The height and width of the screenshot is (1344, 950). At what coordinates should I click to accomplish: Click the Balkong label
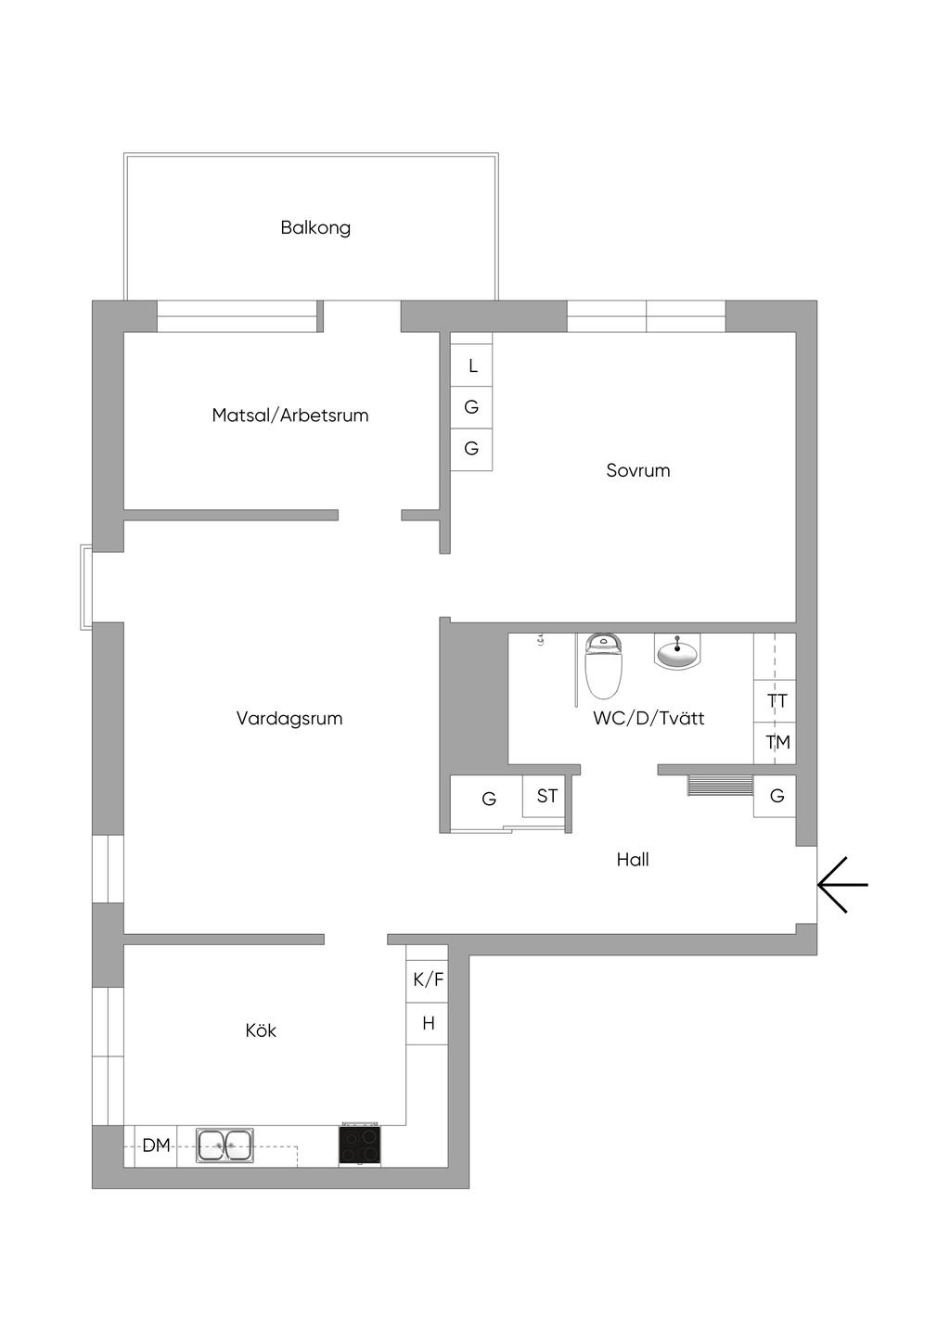pyautogui.click(x=315, y=228)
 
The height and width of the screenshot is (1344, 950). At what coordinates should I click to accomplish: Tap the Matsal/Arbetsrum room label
pyautogui.click(x=289, y=416)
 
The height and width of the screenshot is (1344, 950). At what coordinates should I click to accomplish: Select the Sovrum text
pyautogui.click(x=637, y=470)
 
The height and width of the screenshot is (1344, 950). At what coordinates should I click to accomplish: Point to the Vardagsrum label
pyautogui.click(x=289, y=718)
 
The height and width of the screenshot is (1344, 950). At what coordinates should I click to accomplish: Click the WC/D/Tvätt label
pyautogui.click(x=648, y=718)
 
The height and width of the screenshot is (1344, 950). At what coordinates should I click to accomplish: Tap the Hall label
pyautogui.click(x=633, y=860)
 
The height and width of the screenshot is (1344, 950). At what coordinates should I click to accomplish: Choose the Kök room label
pyautogui.click(x=261, y=1030)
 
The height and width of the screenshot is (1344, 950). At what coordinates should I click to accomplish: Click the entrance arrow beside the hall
pyautogui.click(x=842, y=884)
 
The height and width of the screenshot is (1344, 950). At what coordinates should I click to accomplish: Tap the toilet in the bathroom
pyautogui.click(x=603, y=666)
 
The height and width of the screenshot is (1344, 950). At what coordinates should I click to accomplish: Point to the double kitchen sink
pyautogui.click(x=225, y=1146)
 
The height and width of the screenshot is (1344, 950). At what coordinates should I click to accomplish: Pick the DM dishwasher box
pyautogui.click(x=156, y=1146)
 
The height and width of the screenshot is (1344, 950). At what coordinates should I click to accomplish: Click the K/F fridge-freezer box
pyautogui.click(x=428, y=979)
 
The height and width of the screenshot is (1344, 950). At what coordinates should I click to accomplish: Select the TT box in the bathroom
pyautogui.click(x=776, y=701)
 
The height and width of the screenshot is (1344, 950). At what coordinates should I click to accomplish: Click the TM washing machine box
pyautogui.click(x=776, y=743)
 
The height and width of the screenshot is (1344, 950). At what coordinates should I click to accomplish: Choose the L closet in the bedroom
pyautogui.click(x=471, y=365)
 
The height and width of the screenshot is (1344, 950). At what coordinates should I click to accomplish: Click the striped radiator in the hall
pyautogui.click(x=720, y=786)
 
